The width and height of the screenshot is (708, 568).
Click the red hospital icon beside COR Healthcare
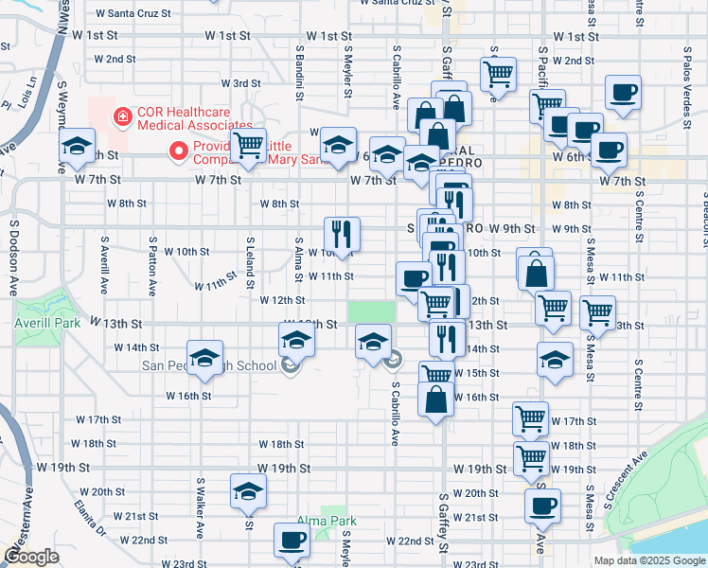click(121, 117)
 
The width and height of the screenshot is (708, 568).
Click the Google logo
click(30, 557)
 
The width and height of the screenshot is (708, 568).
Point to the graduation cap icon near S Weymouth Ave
click(77, 148)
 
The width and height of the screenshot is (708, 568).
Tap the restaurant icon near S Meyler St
click(341, 234)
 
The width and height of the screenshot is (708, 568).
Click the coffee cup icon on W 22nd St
click(291, 541)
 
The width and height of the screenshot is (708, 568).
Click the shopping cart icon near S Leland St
click(248, 147)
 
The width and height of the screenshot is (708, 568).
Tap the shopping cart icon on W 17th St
click(530, 417)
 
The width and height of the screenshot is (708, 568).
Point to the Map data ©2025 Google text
click(648, 560)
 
